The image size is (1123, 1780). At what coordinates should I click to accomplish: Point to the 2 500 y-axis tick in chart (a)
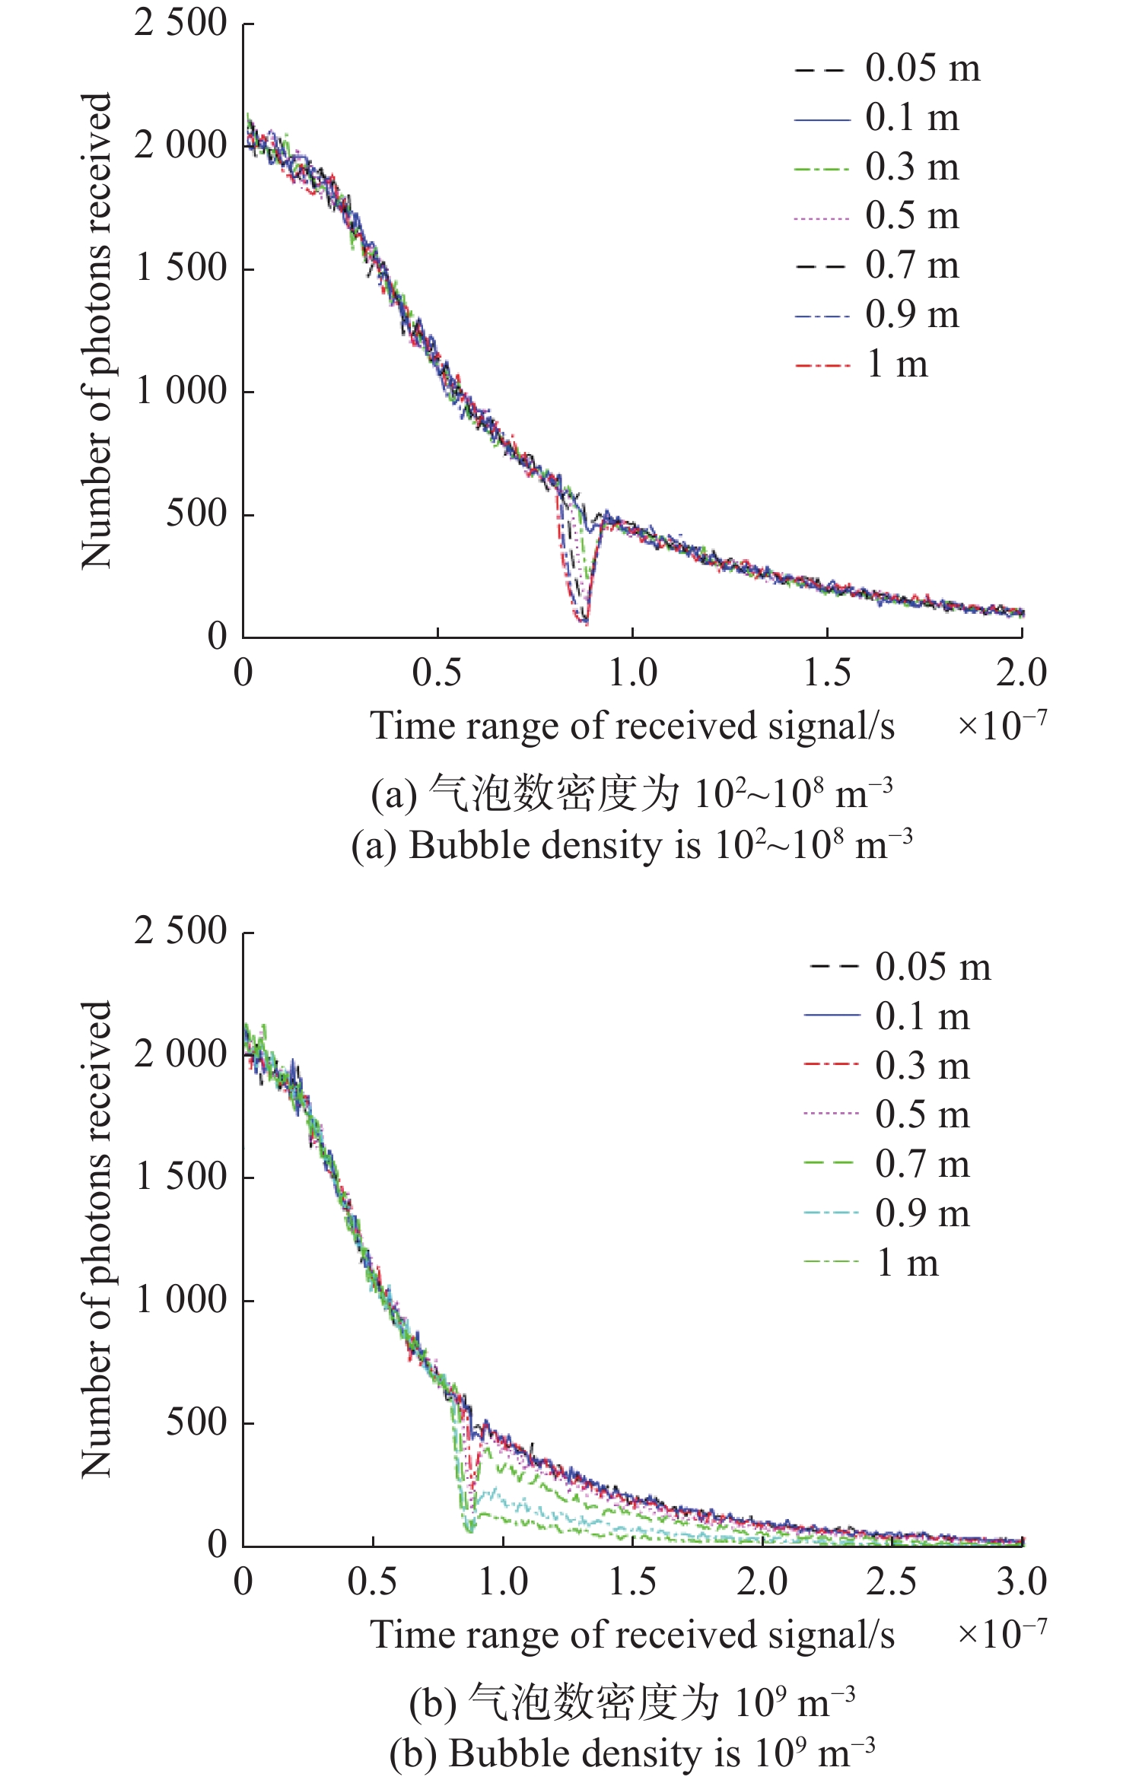click(181, 23)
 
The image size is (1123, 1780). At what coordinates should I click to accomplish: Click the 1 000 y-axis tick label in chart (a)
click(181, 392)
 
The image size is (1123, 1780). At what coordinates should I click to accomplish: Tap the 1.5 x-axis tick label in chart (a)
click(827, 673)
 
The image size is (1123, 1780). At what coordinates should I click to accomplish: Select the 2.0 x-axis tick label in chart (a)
click(1021, 673)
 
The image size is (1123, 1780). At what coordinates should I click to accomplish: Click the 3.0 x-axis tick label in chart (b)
click(1021, 1582)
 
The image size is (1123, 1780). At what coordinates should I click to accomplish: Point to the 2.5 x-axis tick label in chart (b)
click(892, 1582)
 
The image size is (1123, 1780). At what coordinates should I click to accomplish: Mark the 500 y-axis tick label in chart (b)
click(196, 1422)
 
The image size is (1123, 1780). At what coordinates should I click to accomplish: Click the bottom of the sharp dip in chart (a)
click(584, 622)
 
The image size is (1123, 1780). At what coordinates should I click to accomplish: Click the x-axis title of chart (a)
click(631, 726)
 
